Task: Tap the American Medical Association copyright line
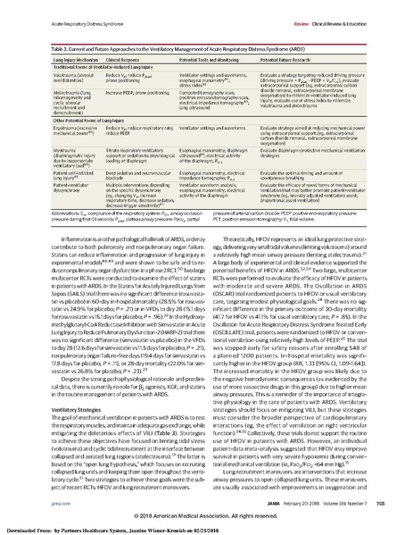pyautogui.click(x=205, y=517)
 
